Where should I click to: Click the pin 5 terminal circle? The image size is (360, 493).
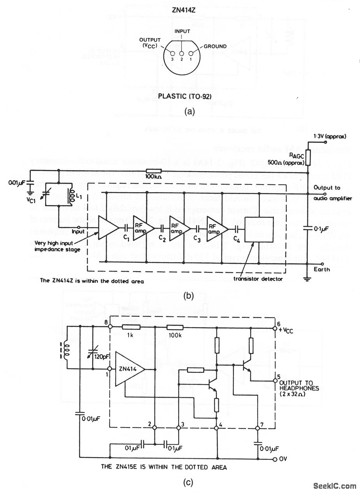click(274, 377)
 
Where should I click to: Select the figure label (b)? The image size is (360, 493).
click(188, 295)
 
